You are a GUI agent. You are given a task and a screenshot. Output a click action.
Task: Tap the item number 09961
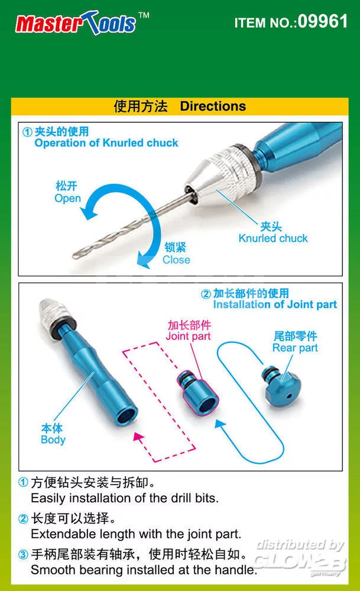click(x=323, y=21)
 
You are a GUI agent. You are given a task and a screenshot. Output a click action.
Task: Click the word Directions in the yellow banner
click(x=213, y=106)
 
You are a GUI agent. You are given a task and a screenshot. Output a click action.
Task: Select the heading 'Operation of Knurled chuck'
click(x=106, y=143)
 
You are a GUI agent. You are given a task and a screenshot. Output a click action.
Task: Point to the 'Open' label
click(x=68, y=198)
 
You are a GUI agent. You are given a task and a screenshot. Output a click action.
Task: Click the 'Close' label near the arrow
click(x=176, y=259)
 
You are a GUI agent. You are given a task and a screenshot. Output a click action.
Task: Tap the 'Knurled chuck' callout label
click(x=273, y=238)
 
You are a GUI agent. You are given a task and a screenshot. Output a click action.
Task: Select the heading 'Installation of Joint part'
click(x=275, y=304)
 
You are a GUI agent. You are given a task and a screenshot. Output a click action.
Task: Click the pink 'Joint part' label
click(x=189, y=336)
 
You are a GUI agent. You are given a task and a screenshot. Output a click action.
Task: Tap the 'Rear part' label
click(x=295, y=348)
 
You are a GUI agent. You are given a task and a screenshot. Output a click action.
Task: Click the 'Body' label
click(x=53, y=440)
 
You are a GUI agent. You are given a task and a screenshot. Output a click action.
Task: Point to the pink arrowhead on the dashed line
click(x=139, y=437)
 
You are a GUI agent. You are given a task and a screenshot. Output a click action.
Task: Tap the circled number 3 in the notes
click(x=24, y=554)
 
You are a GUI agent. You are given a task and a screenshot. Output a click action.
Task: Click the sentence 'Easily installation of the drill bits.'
click(x=125, y=498)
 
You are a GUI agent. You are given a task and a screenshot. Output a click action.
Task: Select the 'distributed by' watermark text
click(x=300, y=545)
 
